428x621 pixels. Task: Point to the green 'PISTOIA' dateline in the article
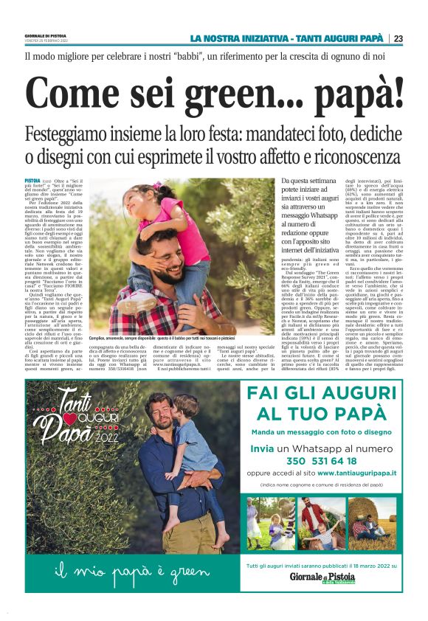coord(32,180)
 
